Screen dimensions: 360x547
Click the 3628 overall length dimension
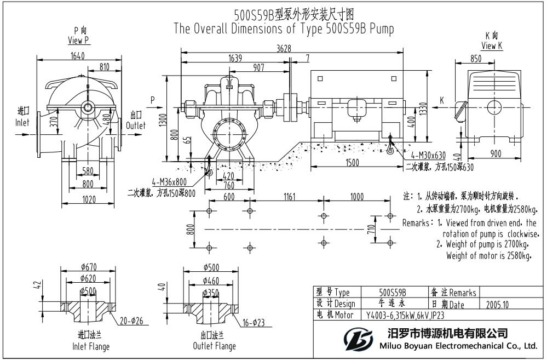pos(283,48)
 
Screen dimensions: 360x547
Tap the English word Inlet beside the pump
pos(22,123)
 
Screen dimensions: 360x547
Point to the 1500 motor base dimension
pos(356,163)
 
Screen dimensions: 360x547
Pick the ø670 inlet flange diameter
pos(88,267)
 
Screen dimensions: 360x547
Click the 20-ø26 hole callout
pos(130,321)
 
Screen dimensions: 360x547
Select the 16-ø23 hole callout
pos(252,323)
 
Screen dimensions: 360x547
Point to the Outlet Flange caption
pos(214,346)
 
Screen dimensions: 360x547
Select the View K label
pos(492,45)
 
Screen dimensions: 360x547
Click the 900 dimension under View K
pos(496,155)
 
